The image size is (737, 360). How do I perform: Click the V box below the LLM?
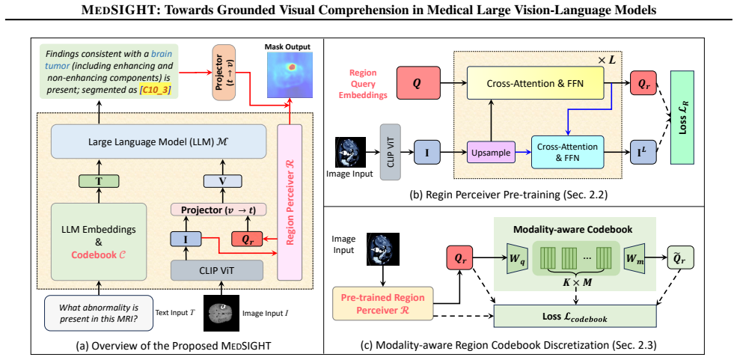pyautogui.click(x=222, y=180)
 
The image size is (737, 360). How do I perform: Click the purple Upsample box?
pyautogui.click(x=491, y=152)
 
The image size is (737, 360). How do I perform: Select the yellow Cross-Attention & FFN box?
pyautogui.click(x=534, y=83)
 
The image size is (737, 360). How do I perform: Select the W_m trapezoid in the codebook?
pyautogui.click(x=634, y=258)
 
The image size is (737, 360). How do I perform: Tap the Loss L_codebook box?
pyautogui.click(x=575, y=316)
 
